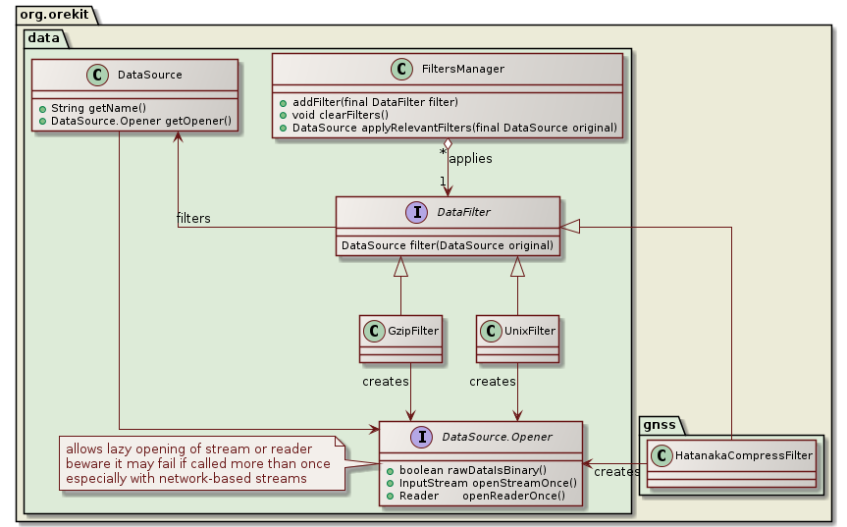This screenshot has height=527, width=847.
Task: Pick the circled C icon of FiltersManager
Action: (x=401, y=70)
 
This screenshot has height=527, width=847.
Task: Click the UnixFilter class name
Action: (x=527, y=332)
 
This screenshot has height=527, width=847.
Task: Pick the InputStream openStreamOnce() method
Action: (x=487, y=483)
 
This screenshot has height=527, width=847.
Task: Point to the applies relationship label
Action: (x=470, y=158)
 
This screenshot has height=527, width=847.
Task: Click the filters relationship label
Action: (x=193, y=218)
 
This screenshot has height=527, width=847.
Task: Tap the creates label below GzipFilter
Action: (x=385, y=380)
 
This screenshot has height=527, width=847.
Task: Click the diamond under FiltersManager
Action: (x=448, y=147)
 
